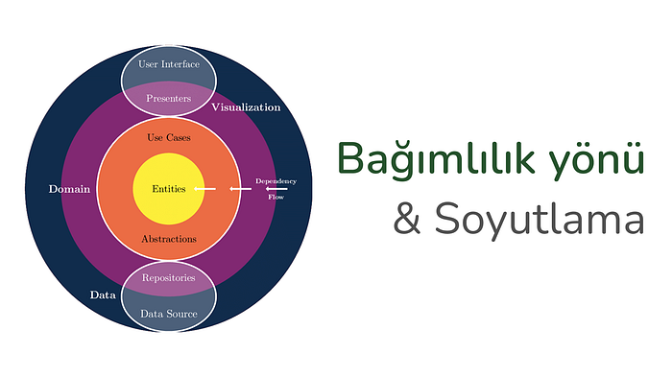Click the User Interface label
[x=169, y=64]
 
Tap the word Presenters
[x=168, y=99]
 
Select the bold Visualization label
[x=246, y=107]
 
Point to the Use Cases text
[x=169, y=137]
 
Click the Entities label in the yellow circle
[x=169, y=189]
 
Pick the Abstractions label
[x=169, y=239]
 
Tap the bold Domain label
[x=69, y=189]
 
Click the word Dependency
[x=276, y=181]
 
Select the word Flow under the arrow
[x=276, y=197]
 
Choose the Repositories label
[x=168, y=278]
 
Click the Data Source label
[x=169, y=314]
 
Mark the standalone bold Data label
[x=103, y=295]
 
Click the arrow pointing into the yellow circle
[x=204, y=188]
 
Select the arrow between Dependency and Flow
[x=276, y=188]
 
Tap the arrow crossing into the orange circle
[x=240, y=188]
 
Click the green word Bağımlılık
[x=436, y=159]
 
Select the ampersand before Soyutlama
[x=407, y=219]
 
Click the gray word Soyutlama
[x=540, y=220]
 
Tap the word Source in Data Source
[x=181, y=314]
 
